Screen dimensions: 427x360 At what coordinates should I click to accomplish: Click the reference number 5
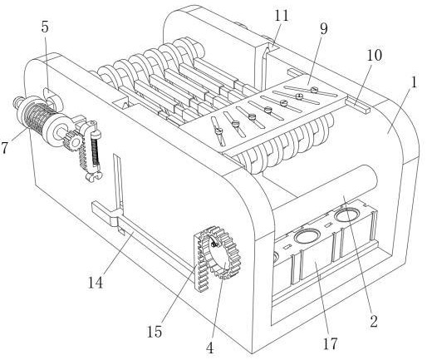[x=45, y=27]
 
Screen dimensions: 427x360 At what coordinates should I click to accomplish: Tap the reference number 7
[x=4, y=147]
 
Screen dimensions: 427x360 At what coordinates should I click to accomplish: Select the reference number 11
[x=282, y=16]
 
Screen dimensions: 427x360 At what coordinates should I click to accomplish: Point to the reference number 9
[x=323, y=29]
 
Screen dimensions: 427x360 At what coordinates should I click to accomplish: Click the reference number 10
[x=375, y=55]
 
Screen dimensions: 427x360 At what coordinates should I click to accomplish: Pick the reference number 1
[x=414, y=82]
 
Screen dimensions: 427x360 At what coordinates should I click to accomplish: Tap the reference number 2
[x=374, y=321]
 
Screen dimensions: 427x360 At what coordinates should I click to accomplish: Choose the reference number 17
[x=331, y=343]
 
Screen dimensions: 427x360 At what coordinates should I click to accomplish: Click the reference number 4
[x=210, y=348]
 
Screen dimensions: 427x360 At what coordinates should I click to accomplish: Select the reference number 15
[x=155, y=332]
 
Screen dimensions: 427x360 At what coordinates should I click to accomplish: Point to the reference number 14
[x=96, y=283]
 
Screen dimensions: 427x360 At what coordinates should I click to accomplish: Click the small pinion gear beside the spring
[x=72, y=141]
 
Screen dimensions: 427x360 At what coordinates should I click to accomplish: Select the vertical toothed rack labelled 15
[x=200, y=263]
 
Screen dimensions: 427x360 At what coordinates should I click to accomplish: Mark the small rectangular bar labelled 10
[x=357, y=106]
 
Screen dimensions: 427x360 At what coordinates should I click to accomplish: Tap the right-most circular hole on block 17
[x=346, y=215]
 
